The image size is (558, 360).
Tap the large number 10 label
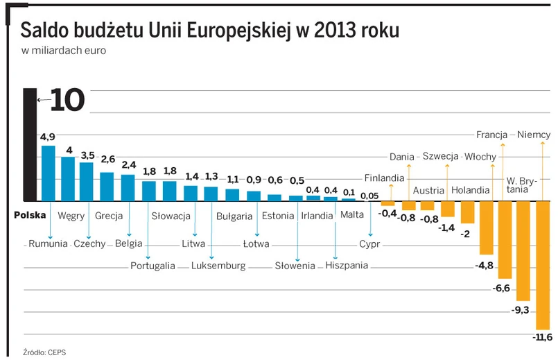tap(67, 101)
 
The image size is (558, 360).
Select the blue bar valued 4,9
tap(49, 173)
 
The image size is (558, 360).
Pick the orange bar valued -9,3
tap(523, 250)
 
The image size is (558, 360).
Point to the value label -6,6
tap(500, 288)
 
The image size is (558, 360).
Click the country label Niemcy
tap(534, 135)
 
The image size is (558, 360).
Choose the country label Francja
tap(492, 135)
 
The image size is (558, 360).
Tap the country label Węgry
tap(71, 216)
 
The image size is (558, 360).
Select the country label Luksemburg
tap(218, 266)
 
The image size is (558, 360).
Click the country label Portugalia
tap(153, 266)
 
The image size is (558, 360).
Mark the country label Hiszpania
tap(347, 266)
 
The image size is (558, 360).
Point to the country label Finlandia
tap(384, 178)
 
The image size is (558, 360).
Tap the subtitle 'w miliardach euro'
tap(63, 51)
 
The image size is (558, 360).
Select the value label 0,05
tap(370, 196)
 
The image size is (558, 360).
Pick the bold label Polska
tap(29, 215)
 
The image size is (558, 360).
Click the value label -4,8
tap(484, 266)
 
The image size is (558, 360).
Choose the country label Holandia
tap(471, 190)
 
